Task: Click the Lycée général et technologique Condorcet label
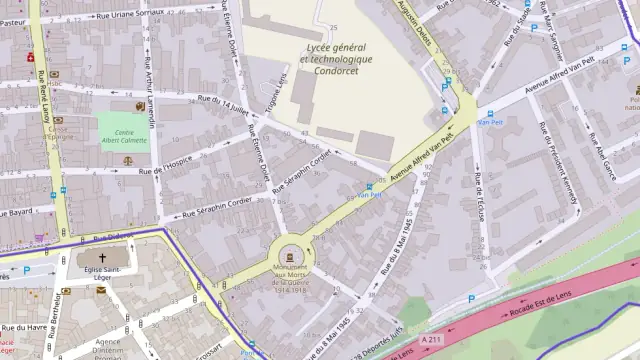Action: [336, 59]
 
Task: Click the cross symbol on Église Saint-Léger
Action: [102, 258]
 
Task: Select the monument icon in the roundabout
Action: [290, 252]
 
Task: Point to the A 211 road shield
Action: [431, 341]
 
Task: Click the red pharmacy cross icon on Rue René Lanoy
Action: [30, 57]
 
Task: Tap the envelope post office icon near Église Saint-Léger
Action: [101, 290]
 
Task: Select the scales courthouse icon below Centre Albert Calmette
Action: [127, 160]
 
